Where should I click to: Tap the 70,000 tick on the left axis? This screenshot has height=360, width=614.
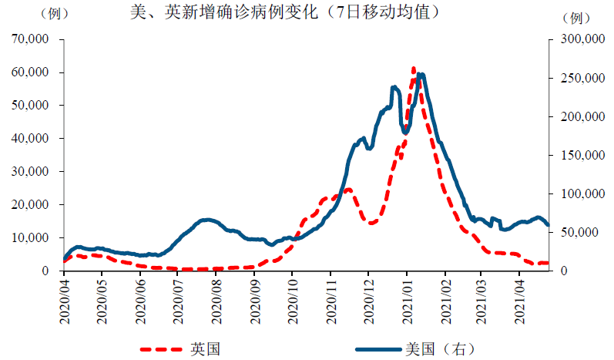pos(29,39)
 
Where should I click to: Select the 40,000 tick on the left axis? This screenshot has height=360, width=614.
pos(29,138)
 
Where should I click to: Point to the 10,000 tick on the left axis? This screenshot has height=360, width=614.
pos(29,237)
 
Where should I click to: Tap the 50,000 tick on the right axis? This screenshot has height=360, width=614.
pos(583,232)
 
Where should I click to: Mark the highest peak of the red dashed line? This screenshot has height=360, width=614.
pos(414,69)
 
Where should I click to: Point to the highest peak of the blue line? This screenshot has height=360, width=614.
pos(421,75)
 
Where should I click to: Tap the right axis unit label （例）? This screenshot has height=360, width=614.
pos(575,16)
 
